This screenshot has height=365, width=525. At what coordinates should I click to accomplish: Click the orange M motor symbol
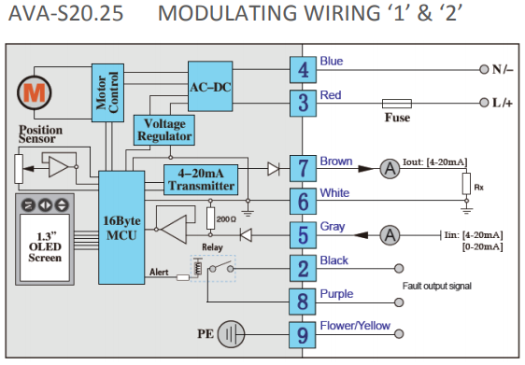click(x=35, y=92)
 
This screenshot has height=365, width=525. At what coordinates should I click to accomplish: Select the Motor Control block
click(x=107, y=92)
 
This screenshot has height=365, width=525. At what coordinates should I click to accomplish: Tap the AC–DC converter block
click(x=210, y=86)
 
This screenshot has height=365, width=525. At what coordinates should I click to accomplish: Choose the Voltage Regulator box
click(x=164, y=130)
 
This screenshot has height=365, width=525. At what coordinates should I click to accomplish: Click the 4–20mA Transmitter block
click(x=201, y=179)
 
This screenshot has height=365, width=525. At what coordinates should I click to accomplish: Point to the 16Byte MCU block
click(x=121, y=228)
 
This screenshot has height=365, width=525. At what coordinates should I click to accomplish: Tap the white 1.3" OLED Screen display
click(x=45, y=247)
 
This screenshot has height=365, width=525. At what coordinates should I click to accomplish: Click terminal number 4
click(x=303, y=70)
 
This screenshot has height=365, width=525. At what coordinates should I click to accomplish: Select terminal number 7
click(x=303, y=168)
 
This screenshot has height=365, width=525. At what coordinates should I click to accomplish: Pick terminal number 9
click(x=303, y=335)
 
